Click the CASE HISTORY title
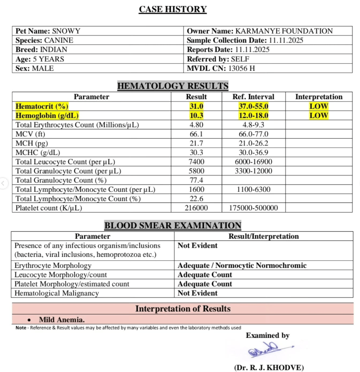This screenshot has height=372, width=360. click(173, 9)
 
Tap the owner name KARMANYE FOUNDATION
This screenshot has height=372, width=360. click(284, 31)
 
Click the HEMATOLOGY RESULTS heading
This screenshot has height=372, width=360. click(173, 86)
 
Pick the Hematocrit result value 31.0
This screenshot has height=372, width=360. click(196, 106)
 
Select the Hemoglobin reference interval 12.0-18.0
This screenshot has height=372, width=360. click(254, 116)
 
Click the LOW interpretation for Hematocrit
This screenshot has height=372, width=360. click(319, 106)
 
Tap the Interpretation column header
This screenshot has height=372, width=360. click(319, 97)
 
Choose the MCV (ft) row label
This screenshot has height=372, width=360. click(31, 134)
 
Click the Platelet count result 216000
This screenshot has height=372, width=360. click(196, 208)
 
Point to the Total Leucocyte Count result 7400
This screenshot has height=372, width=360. click(196, 162)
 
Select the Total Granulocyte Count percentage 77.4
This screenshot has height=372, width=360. click(196, 181)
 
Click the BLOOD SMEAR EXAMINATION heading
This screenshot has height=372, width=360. click(173, 225)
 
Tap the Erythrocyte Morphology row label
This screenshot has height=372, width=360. click(53, 266)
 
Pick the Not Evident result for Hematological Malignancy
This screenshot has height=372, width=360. click(198, 293)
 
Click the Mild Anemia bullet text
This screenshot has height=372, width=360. click(62, 319)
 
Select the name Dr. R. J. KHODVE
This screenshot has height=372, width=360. click(269, 368)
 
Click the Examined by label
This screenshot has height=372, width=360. click(268, 336)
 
